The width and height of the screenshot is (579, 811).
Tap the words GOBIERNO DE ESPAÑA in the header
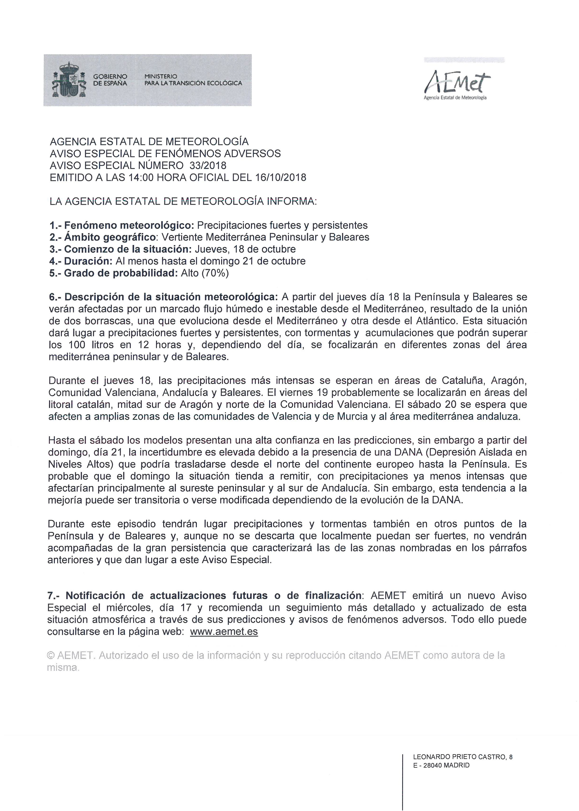click(110, 80)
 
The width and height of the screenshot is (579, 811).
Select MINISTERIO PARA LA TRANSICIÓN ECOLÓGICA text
click(193, 80)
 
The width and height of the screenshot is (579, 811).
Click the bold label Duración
click(88, 261)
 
